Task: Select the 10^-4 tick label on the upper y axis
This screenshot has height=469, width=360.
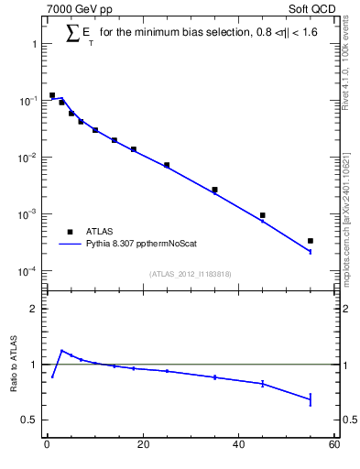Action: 27,271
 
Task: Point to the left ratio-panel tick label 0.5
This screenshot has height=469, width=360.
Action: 29,420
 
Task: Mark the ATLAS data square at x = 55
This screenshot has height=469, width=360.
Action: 311,241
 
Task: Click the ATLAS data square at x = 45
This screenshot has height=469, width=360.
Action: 262,215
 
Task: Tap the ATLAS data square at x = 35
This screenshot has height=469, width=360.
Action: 214,190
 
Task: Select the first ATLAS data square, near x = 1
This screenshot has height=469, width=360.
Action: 52,95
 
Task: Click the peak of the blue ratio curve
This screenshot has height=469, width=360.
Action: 61,350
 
